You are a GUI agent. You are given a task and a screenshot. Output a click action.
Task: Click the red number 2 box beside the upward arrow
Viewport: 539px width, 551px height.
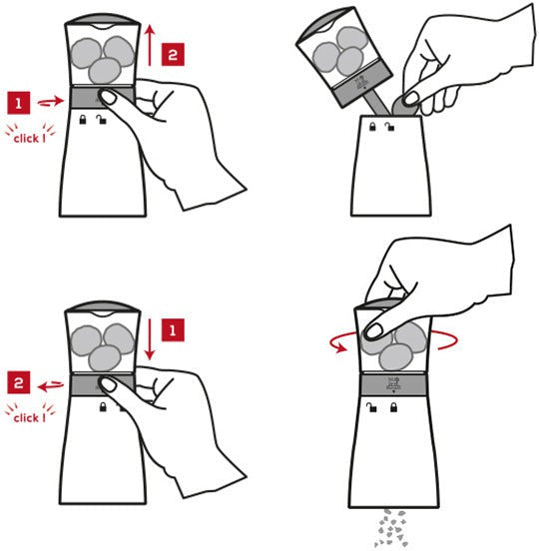(x=173, y=55)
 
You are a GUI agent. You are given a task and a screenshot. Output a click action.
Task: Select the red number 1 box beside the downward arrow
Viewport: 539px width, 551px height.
(x=173, y=330)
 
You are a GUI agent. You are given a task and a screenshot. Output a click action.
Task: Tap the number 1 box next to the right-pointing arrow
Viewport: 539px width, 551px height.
(x=19, y=103)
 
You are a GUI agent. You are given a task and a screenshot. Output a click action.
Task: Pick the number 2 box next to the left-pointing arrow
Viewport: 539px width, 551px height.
(x=19, y=382)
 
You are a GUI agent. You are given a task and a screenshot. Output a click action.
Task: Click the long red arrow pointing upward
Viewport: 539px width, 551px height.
(x=150, y=45)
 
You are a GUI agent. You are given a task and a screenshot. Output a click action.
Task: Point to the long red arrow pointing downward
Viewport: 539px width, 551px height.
(x=150, y=339)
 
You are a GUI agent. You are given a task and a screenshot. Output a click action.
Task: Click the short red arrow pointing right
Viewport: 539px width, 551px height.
(x=51, y=102)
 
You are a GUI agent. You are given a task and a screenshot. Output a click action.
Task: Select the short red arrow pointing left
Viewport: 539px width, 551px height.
(x=51, y=386)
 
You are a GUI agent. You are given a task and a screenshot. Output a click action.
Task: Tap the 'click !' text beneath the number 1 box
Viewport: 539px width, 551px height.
(x=30, y=139)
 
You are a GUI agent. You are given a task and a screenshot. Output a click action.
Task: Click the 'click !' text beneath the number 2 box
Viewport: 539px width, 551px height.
(x=30, y=418)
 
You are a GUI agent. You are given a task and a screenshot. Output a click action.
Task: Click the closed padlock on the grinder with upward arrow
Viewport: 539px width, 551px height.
(x=83, y=120)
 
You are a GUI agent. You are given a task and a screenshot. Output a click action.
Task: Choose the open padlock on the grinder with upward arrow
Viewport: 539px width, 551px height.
(x=102, y=120)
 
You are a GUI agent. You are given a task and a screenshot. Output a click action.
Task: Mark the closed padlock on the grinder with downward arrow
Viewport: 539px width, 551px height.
(x=103, y=407)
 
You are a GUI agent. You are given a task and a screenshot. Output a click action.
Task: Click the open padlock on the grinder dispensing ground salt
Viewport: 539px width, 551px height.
(x=371, y=407)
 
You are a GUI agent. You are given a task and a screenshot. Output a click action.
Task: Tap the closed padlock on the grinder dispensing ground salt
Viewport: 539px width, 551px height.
(x=394, y=407)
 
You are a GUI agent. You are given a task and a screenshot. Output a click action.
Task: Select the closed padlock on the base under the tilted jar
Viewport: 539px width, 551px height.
(x=372, y=126)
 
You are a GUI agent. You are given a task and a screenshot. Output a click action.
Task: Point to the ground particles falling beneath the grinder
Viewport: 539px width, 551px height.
(x=391, y=528)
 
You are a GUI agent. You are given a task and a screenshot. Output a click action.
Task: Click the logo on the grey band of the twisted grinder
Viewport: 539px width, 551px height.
(x=393, y=384)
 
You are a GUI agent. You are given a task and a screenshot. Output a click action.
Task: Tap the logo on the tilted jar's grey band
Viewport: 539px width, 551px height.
(x=362, y=84)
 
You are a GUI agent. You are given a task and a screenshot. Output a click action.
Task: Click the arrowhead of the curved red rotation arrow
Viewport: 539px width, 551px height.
(x=340, y=348)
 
